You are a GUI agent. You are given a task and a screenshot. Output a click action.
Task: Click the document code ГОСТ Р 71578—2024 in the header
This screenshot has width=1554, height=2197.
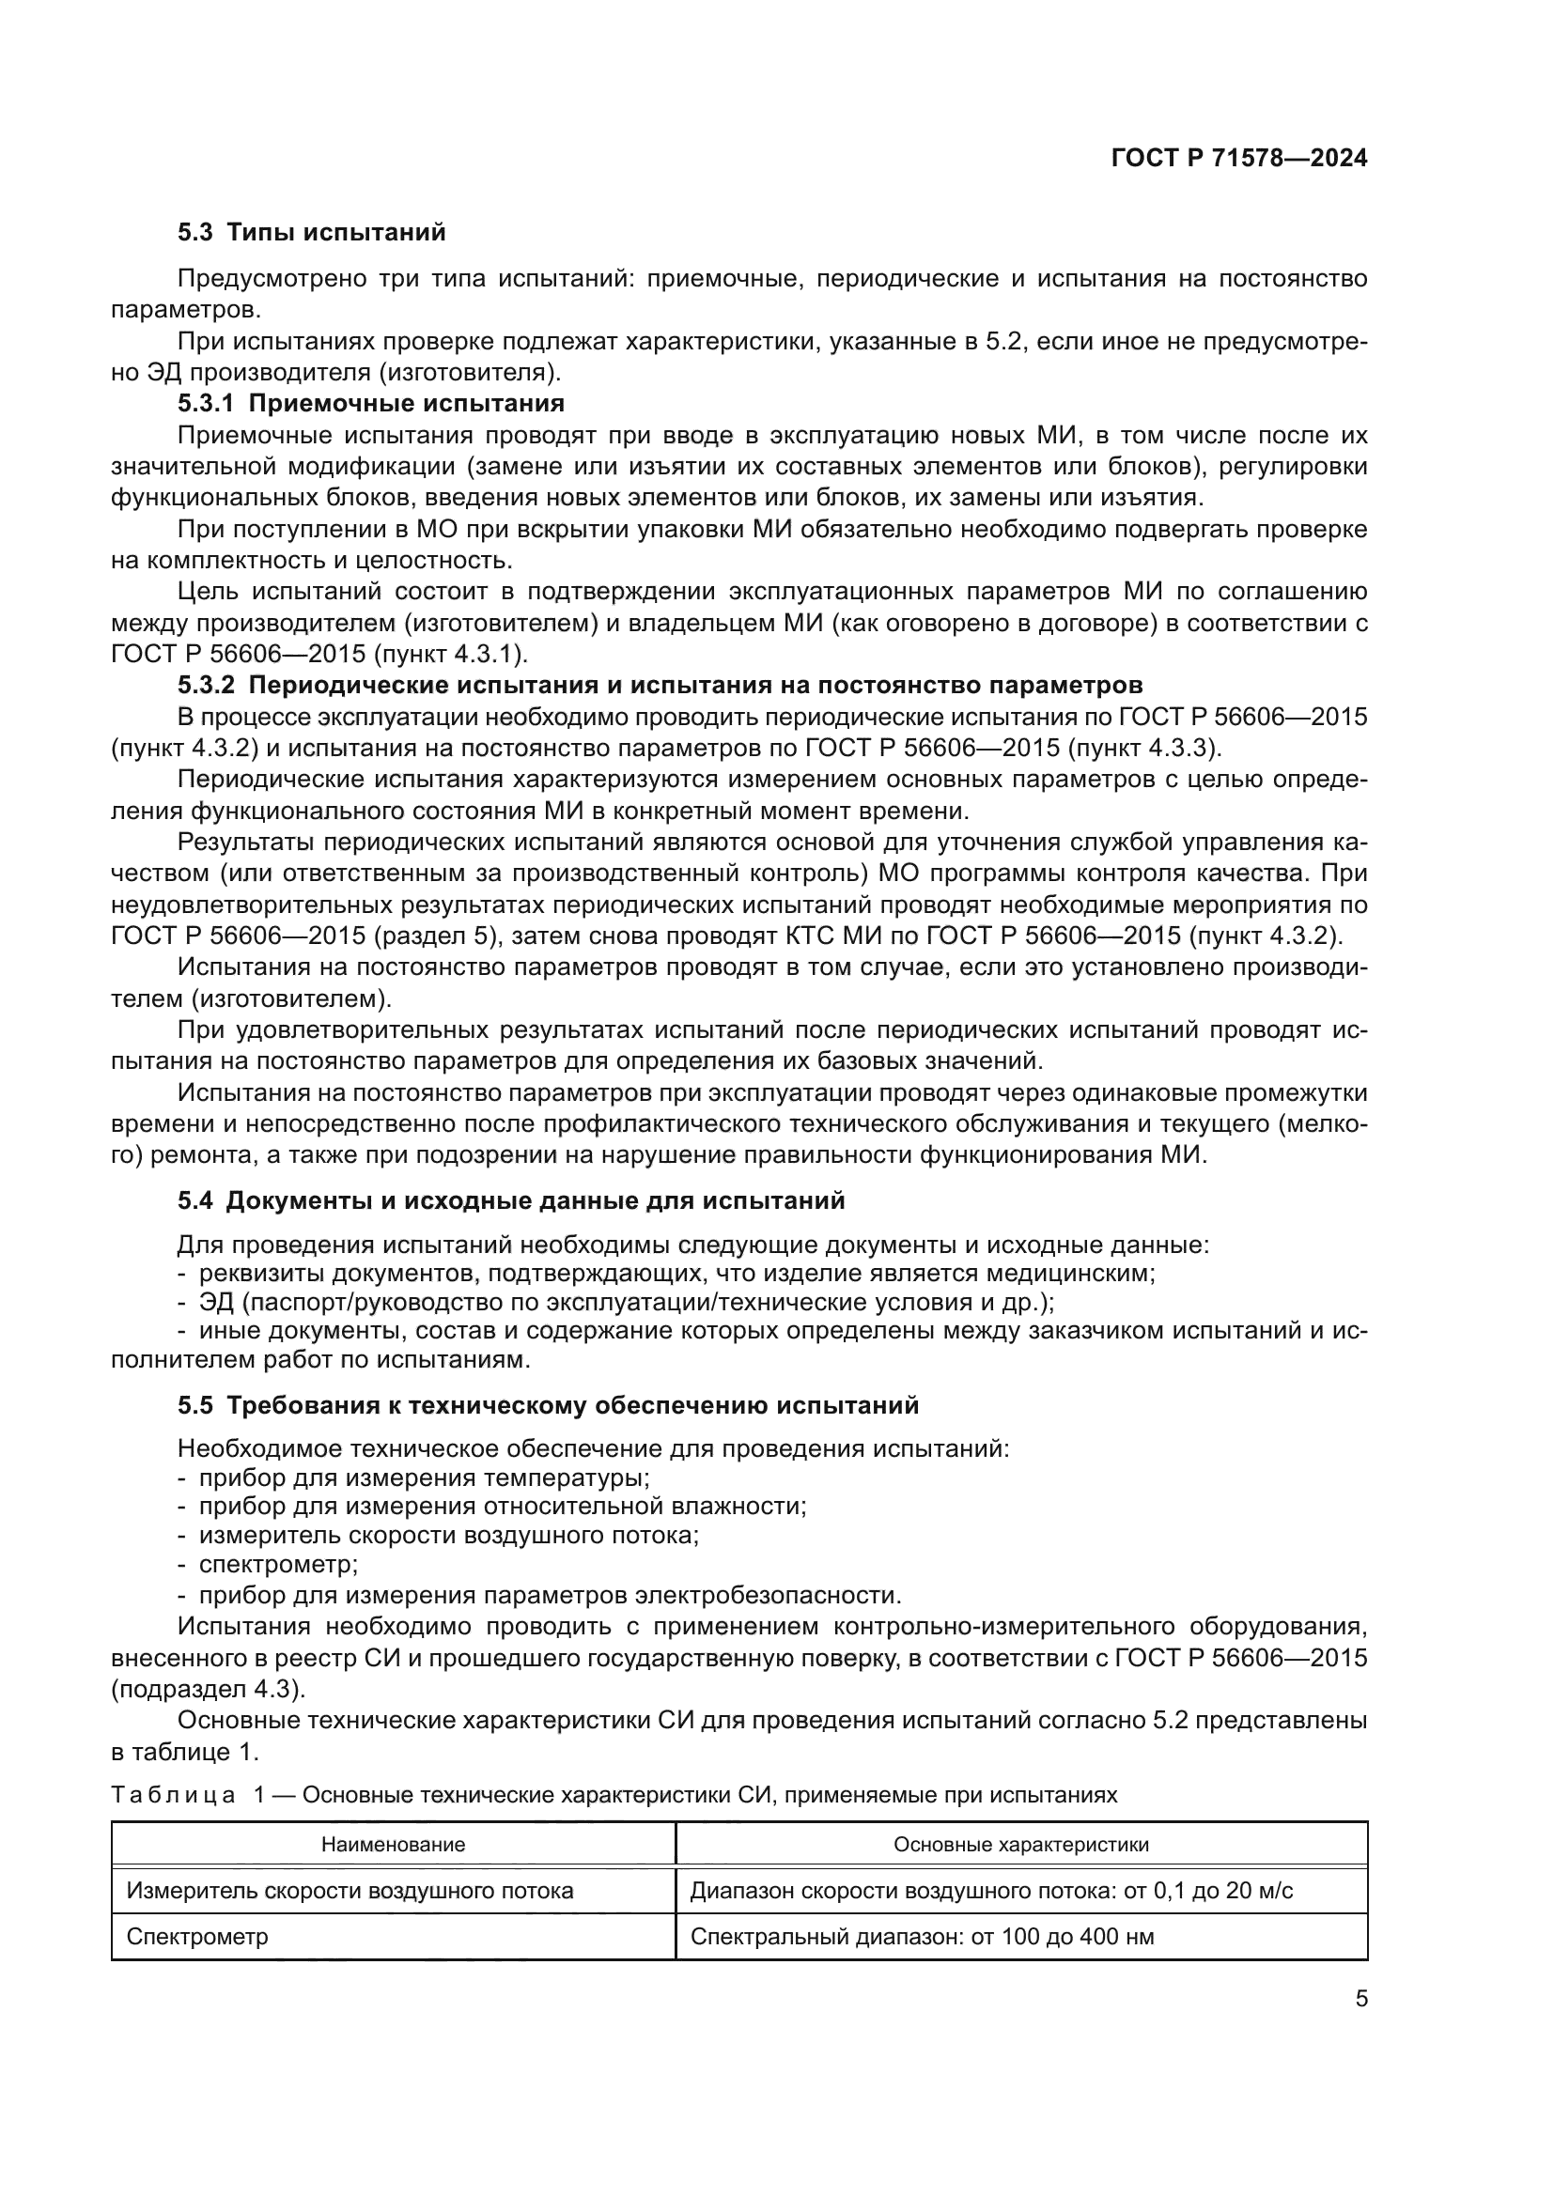coord(1238,159)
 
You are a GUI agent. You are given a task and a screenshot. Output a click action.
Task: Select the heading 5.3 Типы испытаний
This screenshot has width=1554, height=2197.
coord(311,233)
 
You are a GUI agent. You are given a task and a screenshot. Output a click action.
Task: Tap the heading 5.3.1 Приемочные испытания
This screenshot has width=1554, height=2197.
coord(370,402)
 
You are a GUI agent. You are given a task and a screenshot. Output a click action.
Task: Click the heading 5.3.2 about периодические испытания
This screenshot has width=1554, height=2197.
coord(660,685)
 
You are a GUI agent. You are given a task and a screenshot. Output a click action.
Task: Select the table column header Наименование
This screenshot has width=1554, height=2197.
coord(393,1844)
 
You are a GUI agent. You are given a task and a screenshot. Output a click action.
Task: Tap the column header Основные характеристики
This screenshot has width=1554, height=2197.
coord(1020,1844)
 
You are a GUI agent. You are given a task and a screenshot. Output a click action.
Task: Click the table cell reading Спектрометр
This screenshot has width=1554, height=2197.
coord(197,1937)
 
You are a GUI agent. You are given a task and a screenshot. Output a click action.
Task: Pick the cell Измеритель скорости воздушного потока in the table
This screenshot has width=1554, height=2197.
coord(350,1891)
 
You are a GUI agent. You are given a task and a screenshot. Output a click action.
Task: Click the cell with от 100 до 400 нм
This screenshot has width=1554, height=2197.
coord(922,1937)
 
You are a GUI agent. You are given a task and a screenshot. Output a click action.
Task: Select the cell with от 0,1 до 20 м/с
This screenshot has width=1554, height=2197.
coord(991,1891)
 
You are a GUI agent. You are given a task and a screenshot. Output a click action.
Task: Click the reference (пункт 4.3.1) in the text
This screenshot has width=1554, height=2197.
coord(449,655)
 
